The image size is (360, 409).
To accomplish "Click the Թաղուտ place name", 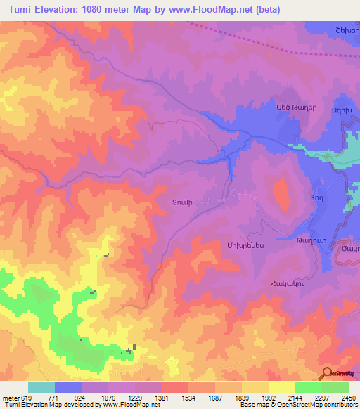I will click(309, 241).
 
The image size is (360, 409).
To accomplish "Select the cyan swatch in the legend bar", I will click(41, 387).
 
